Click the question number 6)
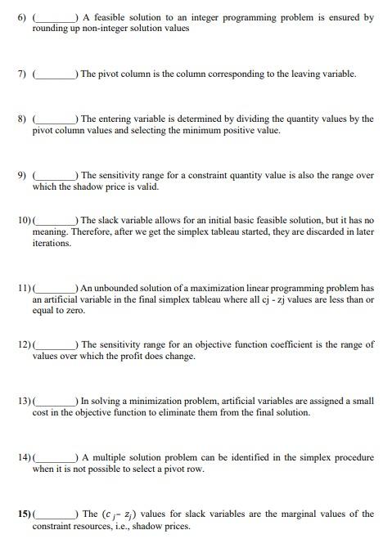tap(24, 17)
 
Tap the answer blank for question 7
tap(56, 75)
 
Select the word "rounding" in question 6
tap(52, 28)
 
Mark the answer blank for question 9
tap(56, 177)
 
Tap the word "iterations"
tap(52, 243)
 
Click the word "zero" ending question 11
tap(75, 311)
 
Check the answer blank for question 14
tap(56, 459)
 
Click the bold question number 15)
tap(24, 514)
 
